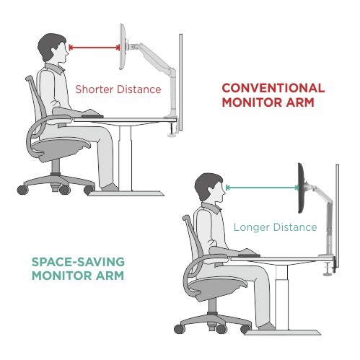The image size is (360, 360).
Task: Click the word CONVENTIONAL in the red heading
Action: click(273, 88)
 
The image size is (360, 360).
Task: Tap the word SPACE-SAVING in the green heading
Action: click(78, 262)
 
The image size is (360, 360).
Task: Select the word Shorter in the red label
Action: click(95, 89)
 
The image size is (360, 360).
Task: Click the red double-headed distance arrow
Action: click(95, 48)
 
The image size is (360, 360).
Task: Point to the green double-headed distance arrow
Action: click(263, 188)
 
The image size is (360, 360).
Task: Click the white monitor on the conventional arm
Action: click(123, 47)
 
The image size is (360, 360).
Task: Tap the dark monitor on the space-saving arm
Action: click(302, 188)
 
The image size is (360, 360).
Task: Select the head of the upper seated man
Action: click(53, 48)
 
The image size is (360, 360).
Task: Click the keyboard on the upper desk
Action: click(92, 116)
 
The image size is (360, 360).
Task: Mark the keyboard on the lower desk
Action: click(249, 255)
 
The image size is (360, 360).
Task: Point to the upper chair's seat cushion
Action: click(61, 148)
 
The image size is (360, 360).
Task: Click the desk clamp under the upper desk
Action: click(172, 130)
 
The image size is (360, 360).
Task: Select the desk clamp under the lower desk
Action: click(329, 268)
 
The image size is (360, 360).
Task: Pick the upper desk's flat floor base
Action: click(126, 193)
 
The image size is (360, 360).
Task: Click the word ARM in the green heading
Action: click(110, 276)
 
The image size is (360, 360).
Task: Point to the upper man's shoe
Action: click(110, 188)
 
